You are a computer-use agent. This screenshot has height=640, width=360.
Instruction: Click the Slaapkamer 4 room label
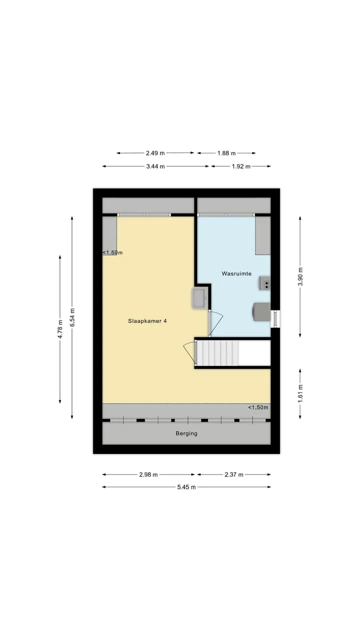pyautogui.click(x=147, y=321)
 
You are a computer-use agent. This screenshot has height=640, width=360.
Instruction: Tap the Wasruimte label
pyautogui.click(x=236, y=273)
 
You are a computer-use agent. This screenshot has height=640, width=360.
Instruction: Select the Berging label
pyautogui.click(x=186, y=433)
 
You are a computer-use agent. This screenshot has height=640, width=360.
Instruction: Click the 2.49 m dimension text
pyautogui.click(x=155, y=153)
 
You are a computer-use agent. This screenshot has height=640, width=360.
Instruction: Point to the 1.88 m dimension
pyautogui.click(x=226, y=153)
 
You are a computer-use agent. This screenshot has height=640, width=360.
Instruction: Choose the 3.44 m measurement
pyautogui.click(x=155, y=166)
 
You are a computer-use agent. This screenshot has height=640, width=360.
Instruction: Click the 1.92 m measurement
pyautogui.click(x=241, y=166)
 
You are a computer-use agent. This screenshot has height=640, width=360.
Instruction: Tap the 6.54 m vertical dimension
pyautogui.click(x=72, y=317)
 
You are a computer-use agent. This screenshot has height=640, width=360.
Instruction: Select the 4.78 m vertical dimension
pyautogui.click(x=60, y=329)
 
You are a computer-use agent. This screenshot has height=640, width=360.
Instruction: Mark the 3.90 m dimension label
pyautogui.click(x=300, y=276)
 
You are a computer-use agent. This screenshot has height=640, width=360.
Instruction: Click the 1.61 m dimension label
pyautogui.click(x=300, y=393)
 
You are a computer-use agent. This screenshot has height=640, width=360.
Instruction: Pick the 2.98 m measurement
pyautogui.click(x=148, y=474)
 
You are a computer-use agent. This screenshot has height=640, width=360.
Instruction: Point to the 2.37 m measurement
pyautogui.click(x=233, y=474)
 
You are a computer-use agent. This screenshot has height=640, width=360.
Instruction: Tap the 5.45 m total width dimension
pyautogui.click(x=186, y=487)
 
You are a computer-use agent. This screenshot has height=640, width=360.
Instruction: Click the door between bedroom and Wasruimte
pyautogui.click(x=215, y=323)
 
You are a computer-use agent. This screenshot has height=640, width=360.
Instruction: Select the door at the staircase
pyautogui.click(x=189, y=353)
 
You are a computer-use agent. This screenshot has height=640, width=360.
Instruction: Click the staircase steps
pyautogui.click(x=218, y=353)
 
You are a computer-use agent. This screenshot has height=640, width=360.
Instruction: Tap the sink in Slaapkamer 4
pyautogui.click(x=199, y=298)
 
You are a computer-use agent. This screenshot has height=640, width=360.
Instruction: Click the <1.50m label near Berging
pyautogui.click(x=258, y=407)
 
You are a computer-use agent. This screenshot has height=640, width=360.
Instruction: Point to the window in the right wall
pyautogui.click(x=275, y=319)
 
